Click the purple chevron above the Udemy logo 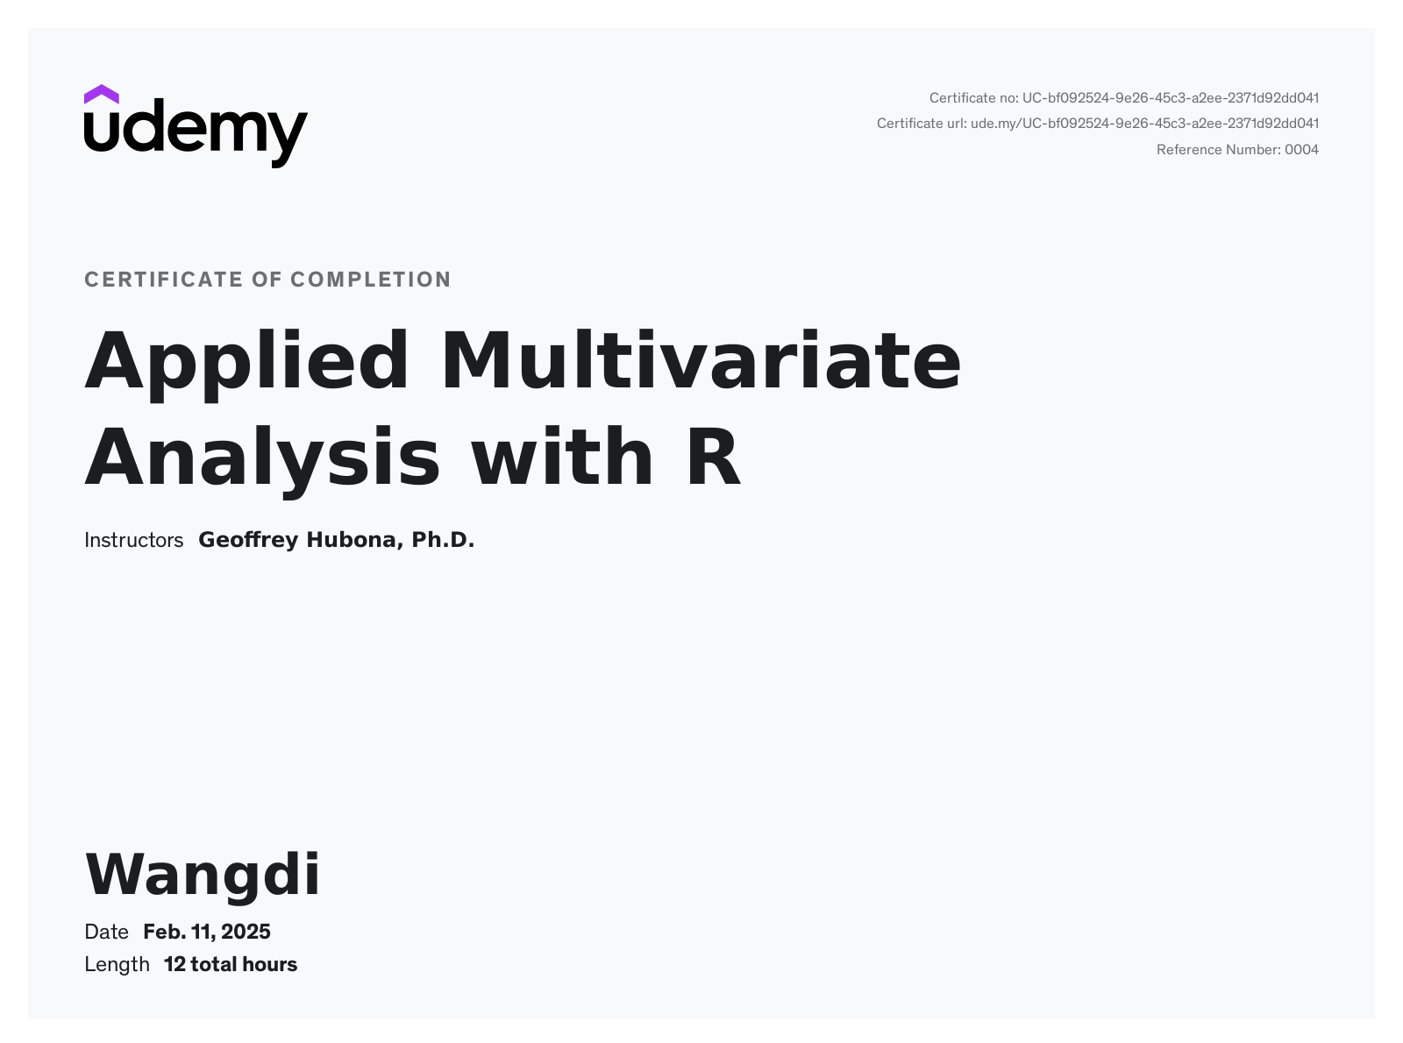pos(101,95)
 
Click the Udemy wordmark pos(196,133)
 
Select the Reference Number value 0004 pos(1301,150)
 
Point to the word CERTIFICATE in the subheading pos(164,280)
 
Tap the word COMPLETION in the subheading pos(371,280)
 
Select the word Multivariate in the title pos(701,359)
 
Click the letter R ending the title pos(714,456)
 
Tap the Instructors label pos(133,540)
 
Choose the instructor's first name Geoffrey pos(248,541)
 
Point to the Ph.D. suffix pos(443,540)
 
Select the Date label pos(106,932)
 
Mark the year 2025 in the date pos(246,932)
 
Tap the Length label pos(117,965)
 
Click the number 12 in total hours pos(174,965)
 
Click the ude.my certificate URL pos(1145,124)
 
